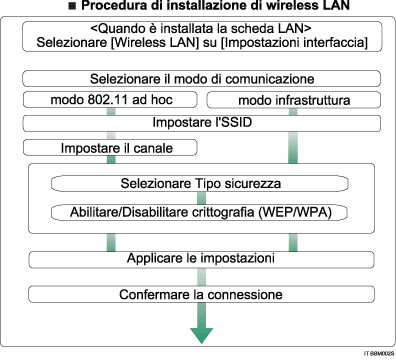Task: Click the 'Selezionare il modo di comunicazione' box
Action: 199,78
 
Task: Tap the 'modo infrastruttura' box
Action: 293,101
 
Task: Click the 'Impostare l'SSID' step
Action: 199,123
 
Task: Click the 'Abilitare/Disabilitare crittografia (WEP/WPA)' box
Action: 199,213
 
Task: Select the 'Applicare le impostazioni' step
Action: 199,259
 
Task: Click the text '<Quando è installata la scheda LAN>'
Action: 198,30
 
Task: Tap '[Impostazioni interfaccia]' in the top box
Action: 291,46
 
